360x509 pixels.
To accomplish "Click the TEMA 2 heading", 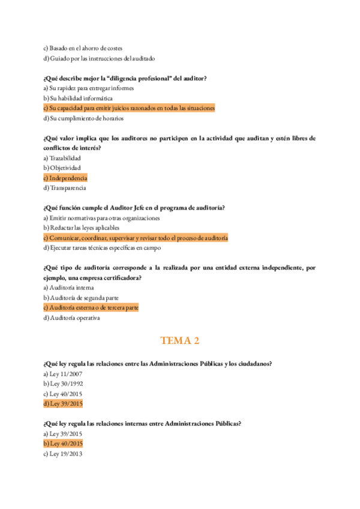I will tap(179, 341).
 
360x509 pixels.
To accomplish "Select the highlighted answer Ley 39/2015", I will tap(63, 403).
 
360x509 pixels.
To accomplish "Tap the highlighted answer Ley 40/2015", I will tap(63, 444).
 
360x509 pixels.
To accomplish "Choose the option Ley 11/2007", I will tap(62, 373).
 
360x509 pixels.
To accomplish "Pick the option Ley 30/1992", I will tap(62, 384).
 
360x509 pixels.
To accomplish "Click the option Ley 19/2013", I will tap(62, 454).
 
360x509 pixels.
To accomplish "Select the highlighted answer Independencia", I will tap(65, 178).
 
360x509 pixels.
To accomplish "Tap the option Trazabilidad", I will tap(65, 158).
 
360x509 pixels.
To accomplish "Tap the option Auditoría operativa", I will tap(71, 318).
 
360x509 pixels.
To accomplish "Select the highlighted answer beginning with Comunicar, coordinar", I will tap(136, 238).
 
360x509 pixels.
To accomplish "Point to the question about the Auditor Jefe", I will tap(134, 208).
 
